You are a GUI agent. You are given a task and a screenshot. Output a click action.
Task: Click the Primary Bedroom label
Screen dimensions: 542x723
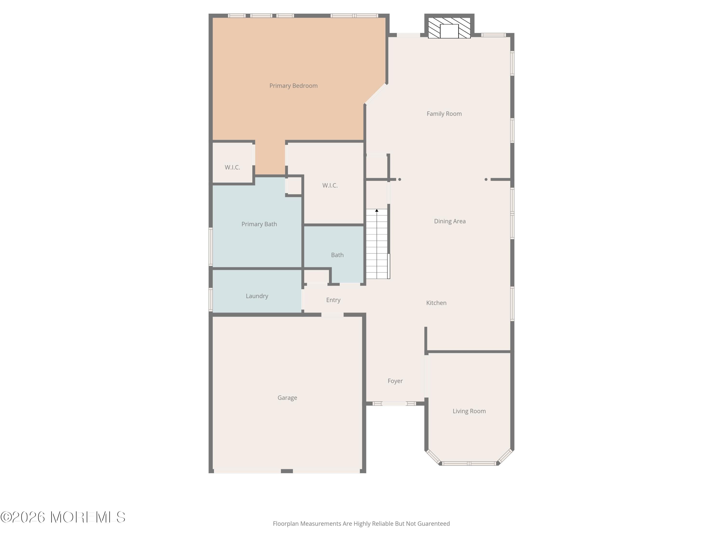[293, 86]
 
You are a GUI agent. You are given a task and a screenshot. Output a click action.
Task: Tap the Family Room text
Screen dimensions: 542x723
[444, 114]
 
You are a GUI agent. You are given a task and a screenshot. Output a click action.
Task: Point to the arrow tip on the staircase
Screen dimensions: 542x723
[376, 210]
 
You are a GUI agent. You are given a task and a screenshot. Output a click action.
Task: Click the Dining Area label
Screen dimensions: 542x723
[449, 221]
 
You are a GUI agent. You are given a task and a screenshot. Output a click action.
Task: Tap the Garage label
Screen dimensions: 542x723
[287, 398]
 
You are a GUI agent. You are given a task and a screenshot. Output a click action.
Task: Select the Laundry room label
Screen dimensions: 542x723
[257, 296]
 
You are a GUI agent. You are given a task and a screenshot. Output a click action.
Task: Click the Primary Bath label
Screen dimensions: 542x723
[259, 224]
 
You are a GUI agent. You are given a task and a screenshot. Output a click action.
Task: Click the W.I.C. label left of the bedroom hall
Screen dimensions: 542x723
[232, 167]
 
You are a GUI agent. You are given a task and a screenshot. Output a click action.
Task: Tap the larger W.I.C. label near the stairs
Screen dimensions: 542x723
[330, 185]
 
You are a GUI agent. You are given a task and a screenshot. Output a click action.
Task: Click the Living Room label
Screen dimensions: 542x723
[469, 411]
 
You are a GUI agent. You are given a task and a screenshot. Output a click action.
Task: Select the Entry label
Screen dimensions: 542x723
[333, 300]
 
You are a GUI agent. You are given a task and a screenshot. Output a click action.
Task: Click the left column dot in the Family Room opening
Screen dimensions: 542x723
[399, 179]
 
